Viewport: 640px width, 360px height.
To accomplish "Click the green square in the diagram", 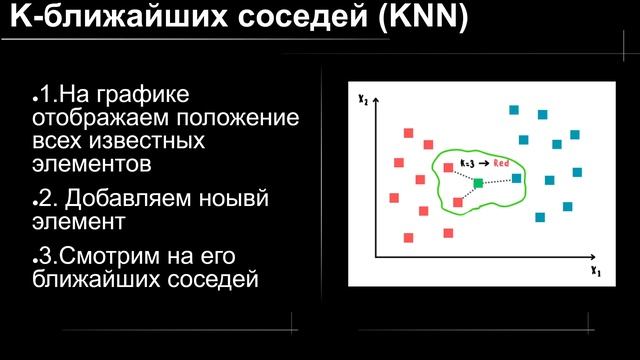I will pyautogui.click(x=478, y=182).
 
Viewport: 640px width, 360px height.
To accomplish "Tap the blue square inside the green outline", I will pyautogui.click(x=516, y=178).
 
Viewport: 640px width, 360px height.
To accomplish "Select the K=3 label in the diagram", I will pyautogui.click(x=467, y=162).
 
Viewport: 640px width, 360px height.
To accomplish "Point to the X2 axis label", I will pyautogui.click(x=364, y=99).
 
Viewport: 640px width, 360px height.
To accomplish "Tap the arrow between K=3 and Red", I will pyautogui.click(x=484, y=162).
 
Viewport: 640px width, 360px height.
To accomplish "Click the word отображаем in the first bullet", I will pyautogui.click(x=90, y=118).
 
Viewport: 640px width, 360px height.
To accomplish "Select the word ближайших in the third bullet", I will pyautogui.click(x=85, y=277).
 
